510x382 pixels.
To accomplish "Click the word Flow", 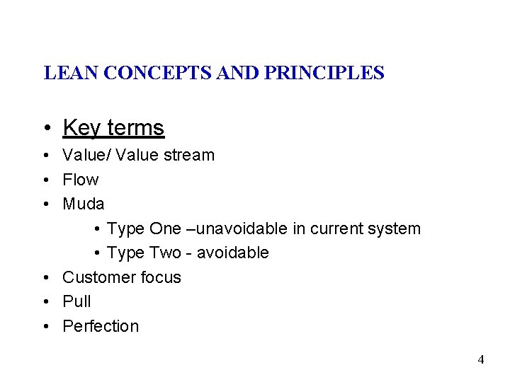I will [x=80, y=180].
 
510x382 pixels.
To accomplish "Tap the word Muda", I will [x=84, y=204].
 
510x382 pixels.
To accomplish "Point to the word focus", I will [x=162, y=277].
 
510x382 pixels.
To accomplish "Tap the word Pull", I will [x=76, y=301].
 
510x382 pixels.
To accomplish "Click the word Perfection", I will [x=101, y=326].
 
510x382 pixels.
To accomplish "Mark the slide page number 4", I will [x=481, y=359].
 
